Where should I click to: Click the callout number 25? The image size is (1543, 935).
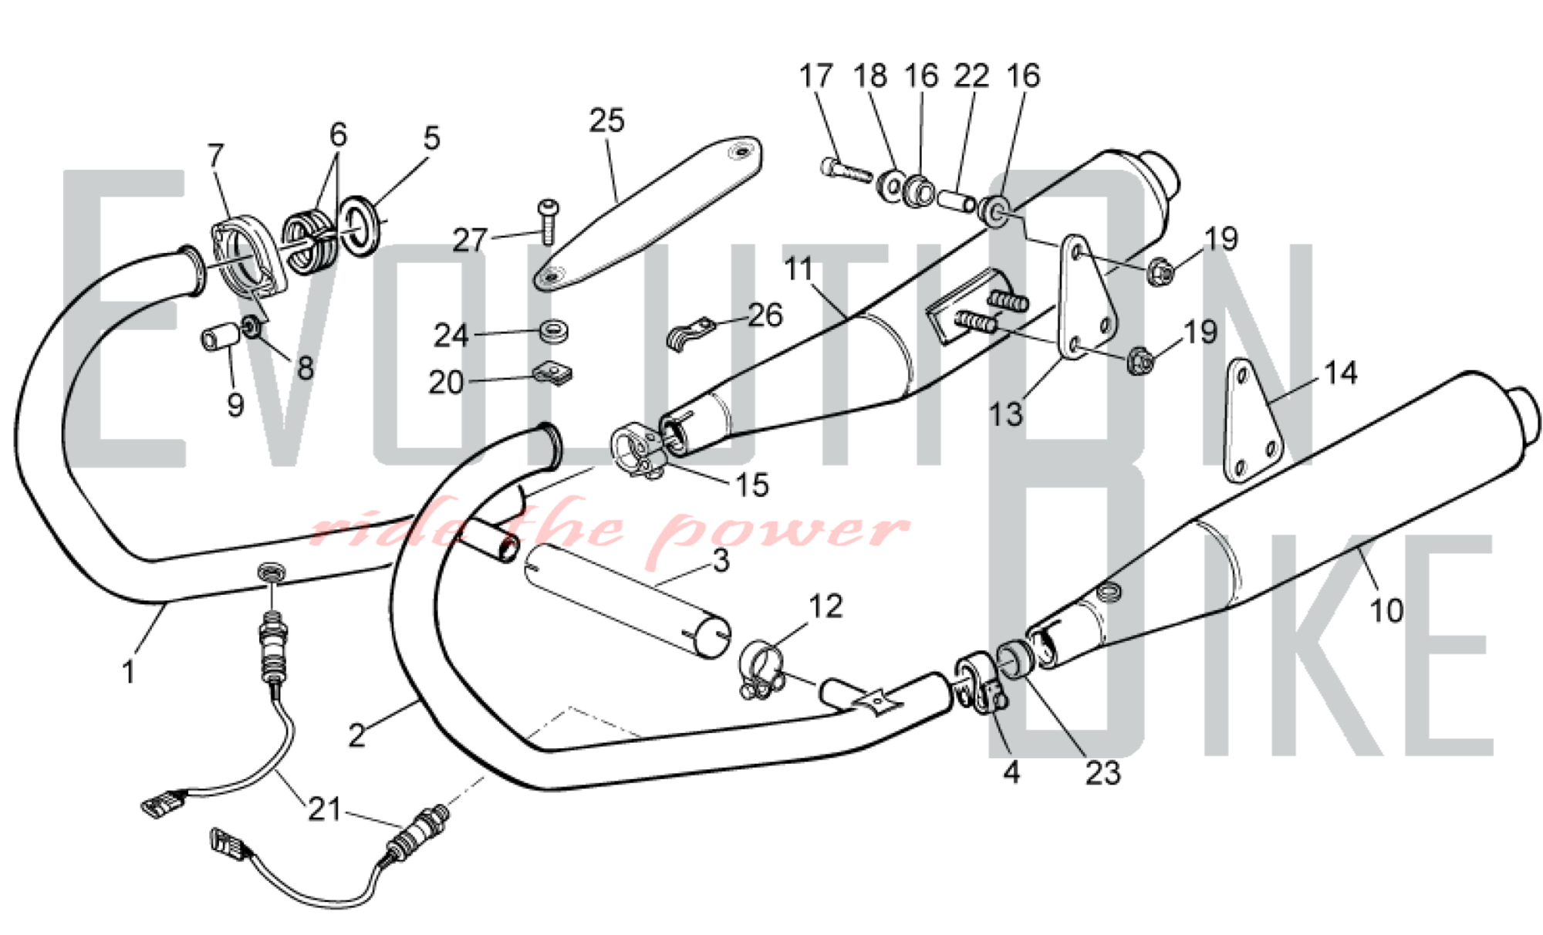(606, 121)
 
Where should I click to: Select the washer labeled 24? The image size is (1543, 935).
(554, 332)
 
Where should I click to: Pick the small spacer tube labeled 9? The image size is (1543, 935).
(217, 338)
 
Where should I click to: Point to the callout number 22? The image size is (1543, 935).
(971, 76)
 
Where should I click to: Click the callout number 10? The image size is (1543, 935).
(1386, 610)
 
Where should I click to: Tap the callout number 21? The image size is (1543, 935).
(324, 809)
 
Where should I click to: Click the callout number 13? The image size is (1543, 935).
(1006, 414)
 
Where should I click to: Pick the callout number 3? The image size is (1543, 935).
(720, 561)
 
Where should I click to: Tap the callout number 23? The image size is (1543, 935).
(1102, 772)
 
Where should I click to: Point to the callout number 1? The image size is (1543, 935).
(129, 673)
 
